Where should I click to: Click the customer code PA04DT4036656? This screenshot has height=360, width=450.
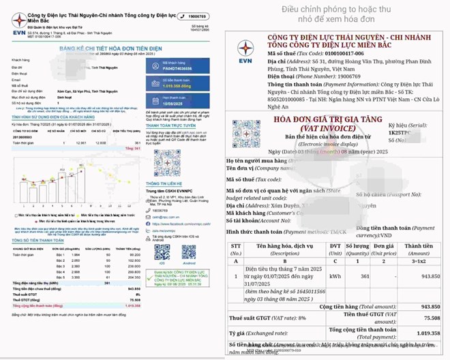click(x=176, y=68)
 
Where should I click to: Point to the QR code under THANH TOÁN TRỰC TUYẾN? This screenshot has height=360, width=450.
click(x=167, y=161)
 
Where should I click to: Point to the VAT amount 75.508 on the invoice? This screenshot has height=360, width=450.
click(x=428, y=317)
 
